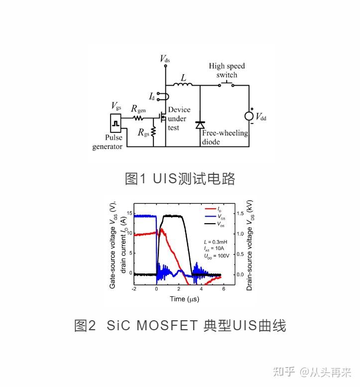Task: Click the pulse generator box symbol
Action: pos(115,122)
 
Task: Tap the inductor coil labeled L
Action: pos(183,85)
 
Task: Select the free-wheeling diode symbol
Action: pos(200,125)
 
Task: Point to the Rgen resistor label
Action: pos(138,109)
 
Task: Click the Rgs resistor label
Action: pos(143,133)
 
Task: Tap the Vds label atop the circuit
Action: pos(165,59)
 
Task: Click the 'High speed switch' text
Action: pos(227,70)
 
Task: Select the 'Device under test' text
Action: pos(179,119)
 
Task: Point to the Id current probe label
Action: pos(152,95)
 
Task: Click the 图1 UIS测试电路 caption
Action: pos(179,178)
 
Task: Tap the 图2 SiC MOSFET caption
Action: pos(180,326)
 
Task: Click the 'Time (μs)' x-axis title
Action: pos(184,299)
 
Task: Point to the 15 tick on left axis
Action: pos(129,214)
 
